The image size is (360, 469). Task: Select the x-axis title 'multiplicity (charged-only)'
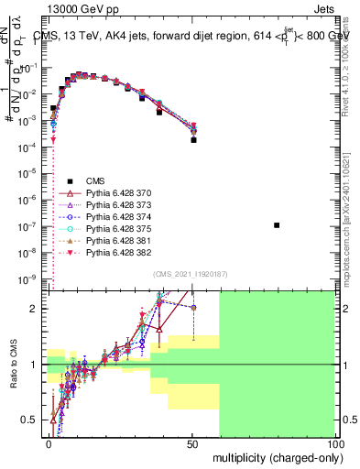274,456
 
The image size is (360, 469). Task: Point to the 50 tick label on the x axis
192,442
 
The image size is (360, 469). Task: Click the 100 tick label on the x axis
334,442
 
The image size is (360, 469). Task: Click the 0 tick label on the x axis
49,442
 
